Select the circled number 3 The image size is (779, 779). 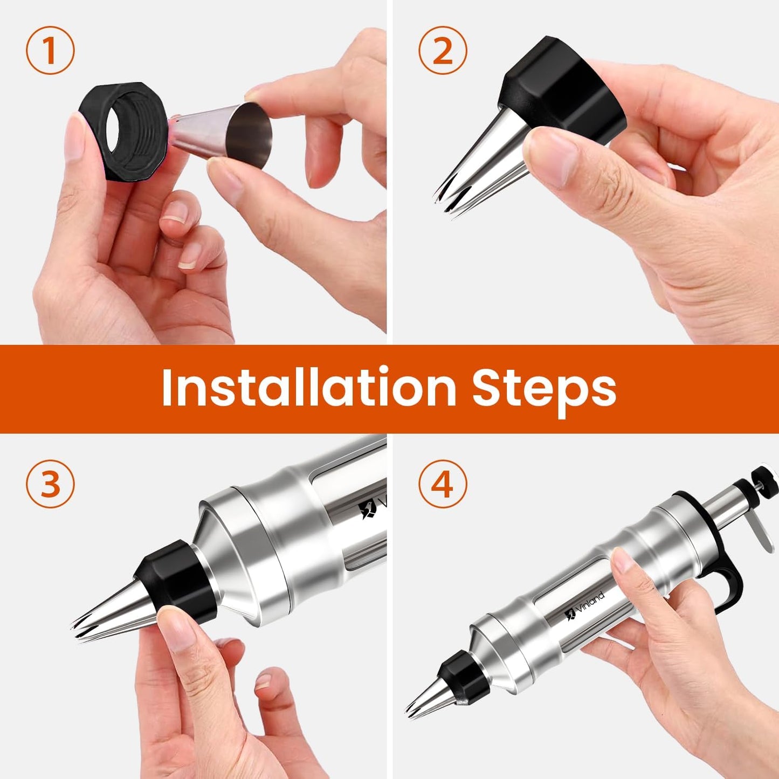coord(50,483)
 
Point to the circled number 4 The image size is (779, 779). coord(443,483)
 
